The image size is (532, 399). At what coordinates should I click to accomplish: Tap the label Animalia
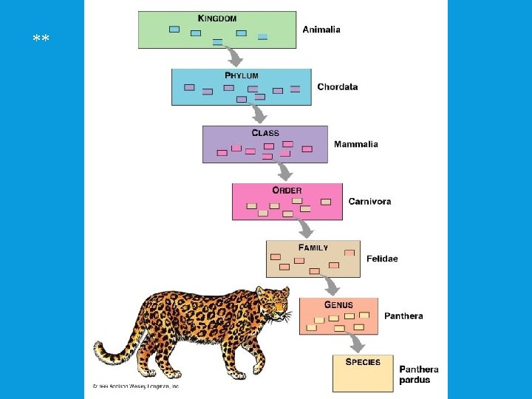pyautogui.click(x=321, y=30)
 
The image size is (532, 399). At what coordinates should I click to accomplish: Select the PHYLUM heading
pyautogui.click(x=242, y=75)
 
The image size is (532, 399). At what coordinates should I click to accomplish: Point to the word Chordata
pyautogui.click(x=337, y=87)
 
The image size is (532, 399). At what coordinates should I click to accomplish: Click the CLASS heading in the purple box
pyautogui.click(x=265, y=133)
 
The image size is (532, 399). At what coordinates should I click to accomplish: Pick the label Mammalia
pyautogui.click(x=355, y=144)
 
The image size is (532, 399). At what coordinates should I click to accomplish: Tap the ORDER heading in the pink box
pyautogui.click(x=287, y=190)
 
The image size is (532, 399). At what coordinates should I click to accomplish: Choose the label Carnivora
pyautogui.click(x=369, y=201)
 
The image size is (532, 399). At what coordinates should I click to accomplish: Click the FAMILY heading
pyautogui.click(x=313, y=248)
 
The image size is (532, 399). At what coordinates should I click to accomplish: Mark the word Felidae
pyautogui.click(x=382, y=259)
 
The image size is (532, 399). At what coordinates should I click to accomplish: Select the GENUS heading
pyautogui.click(x=338, y=304)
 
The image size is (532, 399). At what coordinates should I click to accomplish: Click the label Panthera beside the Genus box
pyautogui.click(x=403, y=316)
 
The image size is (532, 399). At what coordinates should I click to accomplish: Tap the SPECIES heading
pyautogui.click(x=363, y=362)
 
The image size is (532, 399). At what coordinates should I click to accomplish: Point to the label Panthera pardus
pyautogui.click(x=419, y=375)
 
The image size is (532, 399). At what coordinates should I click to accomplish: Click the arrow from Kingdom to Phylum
pyautogui.click(x=235, y=57)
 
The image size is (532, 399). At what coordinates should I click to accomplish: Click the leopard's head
pyautogui.click(x=276, y=304)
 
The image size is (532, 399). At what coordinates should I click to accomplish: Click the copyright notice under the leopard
pyautogui.click(x=136, y=386)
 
